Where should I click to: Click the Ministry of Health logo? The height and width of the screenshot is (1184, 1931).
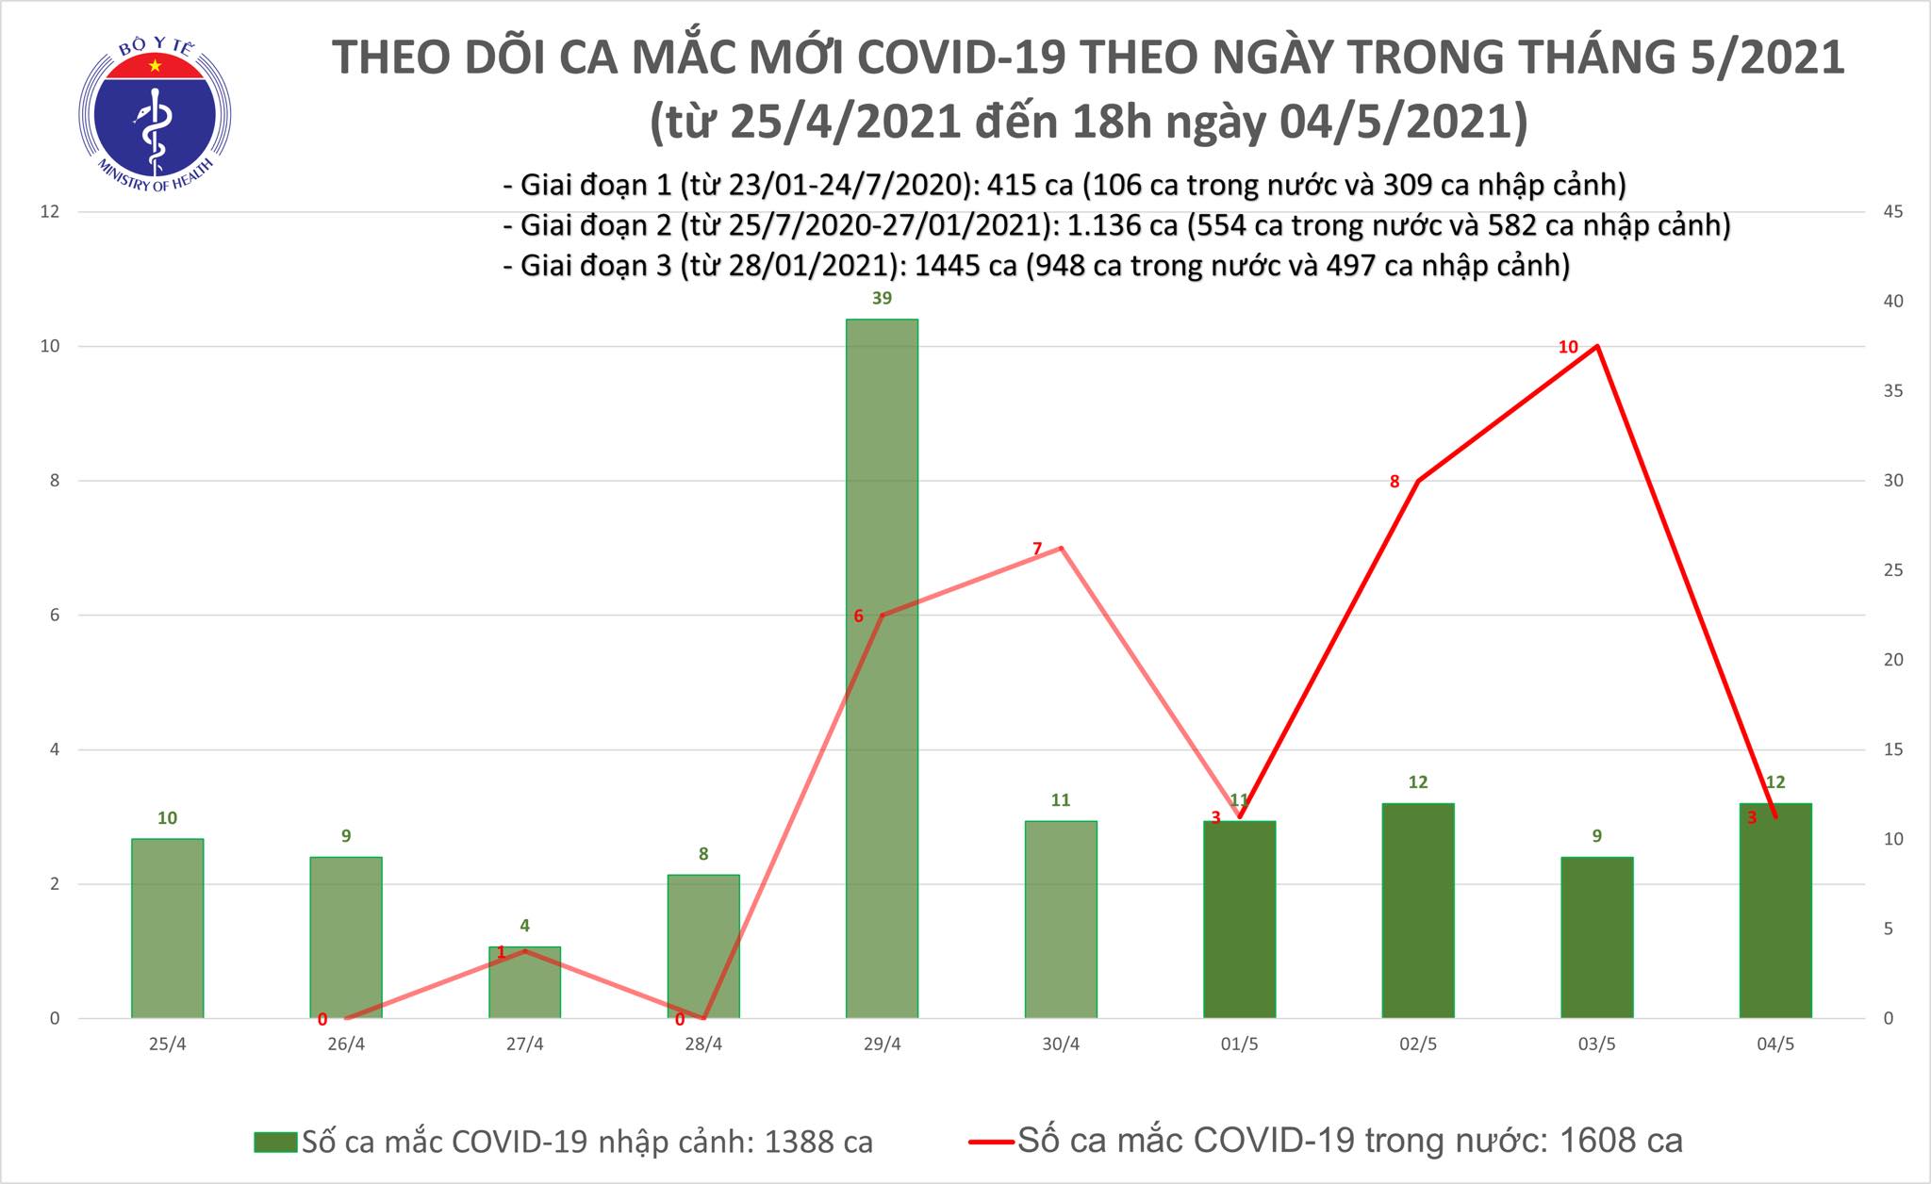click(x=155, y=111)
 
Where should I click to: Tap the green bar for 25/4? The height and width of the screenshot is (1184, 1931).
click(x=167, y=928)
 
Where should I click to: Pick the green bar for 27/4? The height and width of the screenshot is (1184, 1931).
click(x=524, y=982)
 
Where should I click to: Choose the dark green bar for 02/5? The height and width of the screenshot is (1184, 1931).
click(x=1417, y=910)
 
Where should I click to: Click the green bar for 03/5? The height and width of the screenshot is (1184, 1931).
click(x=1596, y=937)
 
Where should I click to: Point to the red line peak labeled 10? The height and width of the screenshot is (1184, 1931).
click(x=1596, y=346)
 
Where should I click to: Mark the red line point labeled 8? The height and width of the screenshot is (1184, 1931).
click(x=1418, y=481)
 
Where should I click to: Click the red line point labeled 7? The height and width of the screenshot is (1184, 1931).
click(x=1061, y=548)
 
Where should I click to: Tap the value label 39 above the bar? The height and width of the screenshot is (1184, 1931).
click(x=882, y=299)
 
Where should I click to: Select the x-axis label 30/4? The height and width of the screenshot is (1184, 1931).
click(x=1061, y=1044)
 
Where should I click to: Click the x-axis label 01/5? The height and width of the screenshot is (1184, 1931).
click(x=1239, y=1044)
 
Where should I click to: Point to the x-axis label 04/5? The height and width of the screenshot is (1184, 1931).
click(x=1775, y=1044)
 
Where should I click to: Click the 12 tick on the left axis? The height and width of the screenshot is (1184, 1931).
click(x=49, y=212)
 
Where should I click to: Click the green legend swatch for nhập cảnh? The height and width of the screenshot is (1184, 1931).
click(x=275, y=1143)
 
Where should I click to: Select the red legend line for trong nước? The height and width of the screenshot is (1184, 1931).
click(x=990, y=1143)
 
